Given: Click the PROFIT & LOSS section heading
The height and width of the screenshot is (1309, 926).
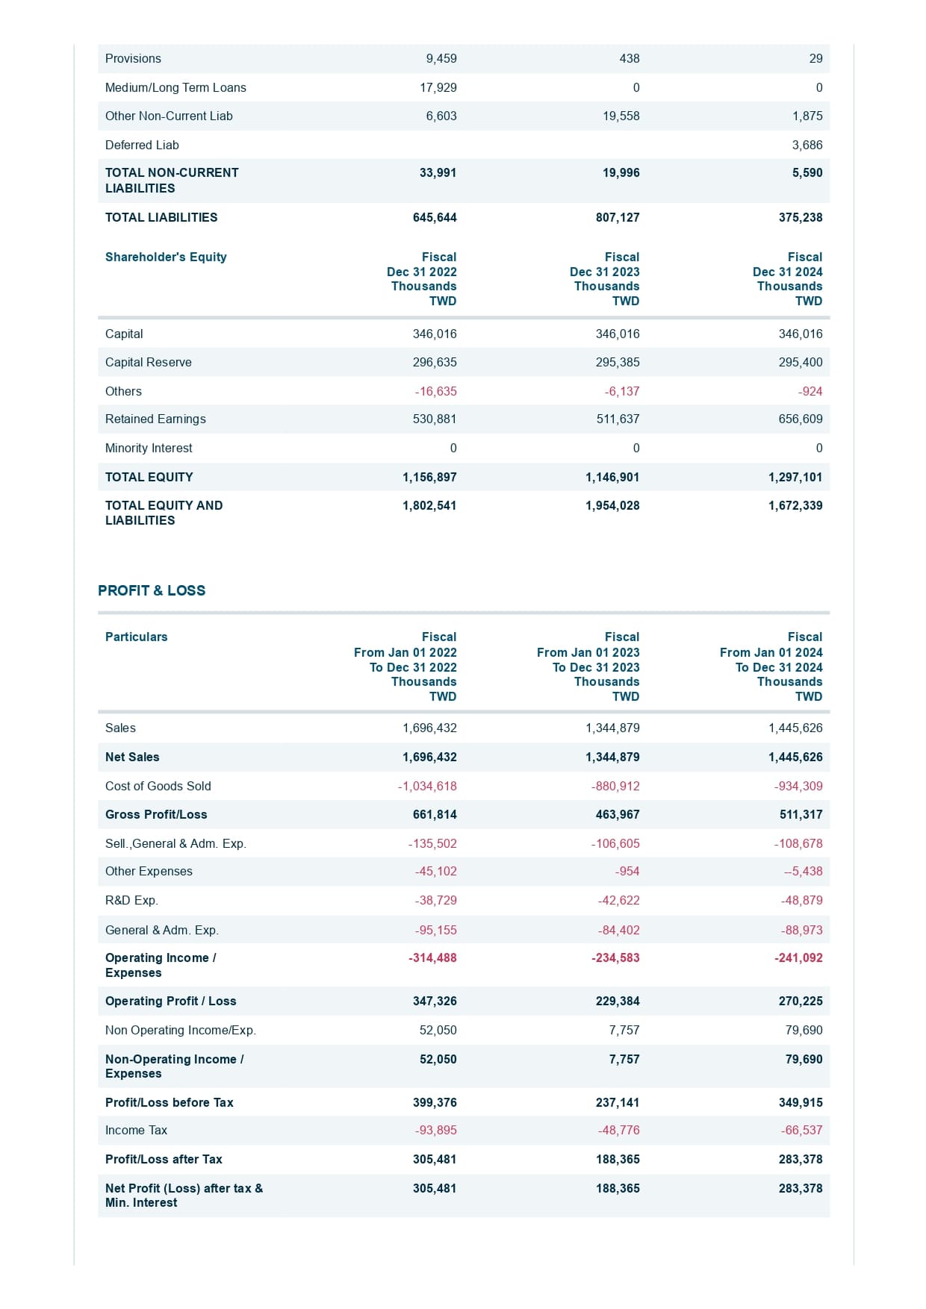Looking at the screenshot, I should coord(152,590).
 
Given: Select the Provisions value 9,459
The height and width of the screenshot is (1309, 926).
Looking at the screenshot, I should coord(441,58).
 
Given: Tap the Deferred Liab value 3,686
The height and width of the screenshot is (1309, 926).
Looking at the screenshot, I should coord(807,145).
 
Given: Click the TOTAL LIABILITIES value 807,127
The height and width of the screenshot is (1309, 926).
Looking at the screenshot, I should coord(617,217).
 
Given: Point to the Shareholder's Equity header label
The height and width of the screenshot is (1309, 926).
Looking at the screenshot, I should coord(166,257).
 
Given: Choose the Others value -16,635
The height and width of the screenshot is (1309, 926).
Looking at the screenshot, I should coord(435,391).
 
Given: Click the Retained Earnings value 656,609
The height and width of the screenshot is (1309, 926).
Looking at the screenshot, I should coord(800,419).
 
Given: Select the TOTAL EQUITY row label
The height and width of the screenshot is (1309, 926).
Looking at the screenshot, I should coord(149,477).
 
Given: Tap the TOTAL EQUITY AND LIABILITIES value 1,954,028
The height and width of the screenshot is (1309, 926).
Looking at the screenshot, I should coord(612,505).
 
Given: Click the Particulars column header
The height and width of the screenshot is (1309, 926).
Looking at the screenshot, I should coord(136,637).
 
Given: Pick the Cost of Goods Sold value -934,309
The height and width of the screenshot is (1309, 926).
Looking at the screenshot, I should coord(798,786).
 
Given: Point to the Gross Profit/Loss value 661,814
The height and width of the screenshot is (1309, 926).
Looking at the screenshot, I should coord(434,814).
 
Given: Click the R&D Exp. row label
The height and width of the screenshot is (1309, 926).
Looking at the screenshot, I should coord(131,900).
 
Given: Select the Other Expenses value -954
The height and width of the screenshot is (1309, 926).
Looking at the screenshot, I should coord(627,871).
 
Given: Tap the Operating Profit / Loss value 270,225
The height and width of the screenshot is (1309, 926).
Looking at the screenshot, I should coord(800,1001).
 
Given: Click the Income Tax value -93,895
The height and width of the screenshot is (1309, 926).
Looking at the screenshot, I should coord(435,1130).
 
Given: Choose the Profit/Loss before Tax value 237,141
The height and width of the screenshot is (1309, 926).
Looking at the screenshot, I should coord(617,1102).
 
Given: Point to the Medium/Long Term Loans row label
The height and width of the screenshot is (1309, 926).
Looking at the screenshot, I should coord(175,87).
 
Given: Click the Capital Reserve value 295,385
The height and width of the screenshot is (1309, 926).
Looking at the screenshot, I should coord(617,362).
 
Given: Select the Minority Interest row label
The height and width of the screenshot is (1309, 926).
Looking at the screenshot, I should coord(149,448).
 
